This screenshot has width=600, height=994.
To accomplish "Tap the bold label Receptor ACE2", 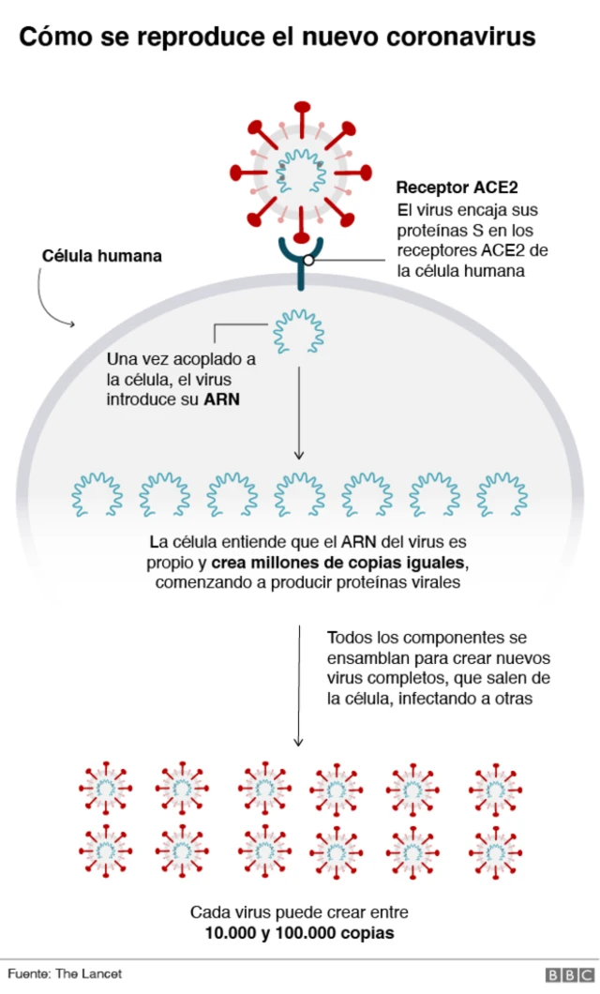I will click(x=457, y=188).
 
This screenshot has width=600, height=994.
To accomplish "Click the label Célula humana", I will click(x=102, y=256).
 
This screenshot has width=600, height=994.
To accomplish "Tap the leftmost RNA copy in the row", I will click(x=97, y=494).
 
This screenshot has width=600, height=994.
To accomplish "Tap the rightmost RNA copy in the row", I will click(x=502, y=494).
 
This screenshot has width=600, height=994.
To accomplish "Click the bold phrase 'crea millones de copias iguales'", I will click(x=338, y=563).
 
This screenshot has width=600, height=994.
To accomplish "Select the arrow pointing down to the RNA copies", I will click(x=298, y=413).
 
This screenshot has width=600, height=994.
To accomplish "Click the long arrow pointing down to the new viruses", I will click(x=298, y=685).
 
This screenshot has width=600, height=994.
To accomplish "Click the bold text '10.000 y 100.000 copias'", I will click(x=299, y=933).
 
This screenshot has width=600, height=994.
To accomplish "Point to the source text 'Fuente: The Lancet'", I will click(x=66, y=974).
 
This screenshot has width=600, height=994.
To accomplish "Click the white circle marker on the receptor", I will click(x=308, y=261).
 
